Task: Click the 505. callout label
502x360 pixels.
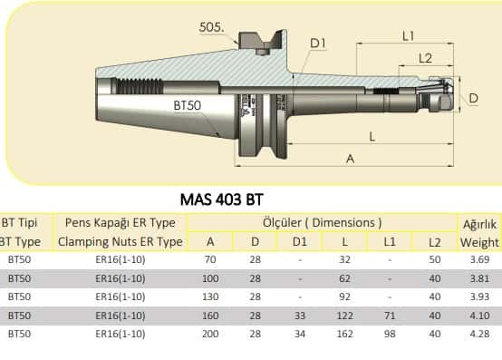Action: point(211,27)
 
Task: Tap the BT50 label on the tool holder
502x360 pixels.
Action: point(188,105)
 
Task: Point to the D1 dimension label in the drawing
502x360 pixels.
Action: point(317,44)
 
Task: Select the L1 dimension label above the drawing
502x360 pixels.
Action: point(408,36)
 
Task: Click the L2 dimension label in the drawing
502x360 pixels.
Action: point(425,58)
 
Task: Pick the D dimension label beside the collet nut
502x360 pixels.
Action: point(473,98)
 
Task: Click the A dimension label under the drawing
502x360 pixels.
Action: point(351,159)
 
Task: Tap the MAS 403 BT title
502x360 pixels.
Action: point(221,199)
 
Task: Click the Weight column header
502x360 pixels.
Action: point(479,242)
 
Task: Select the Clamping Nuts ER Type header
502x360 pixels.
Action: point(121,242)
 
